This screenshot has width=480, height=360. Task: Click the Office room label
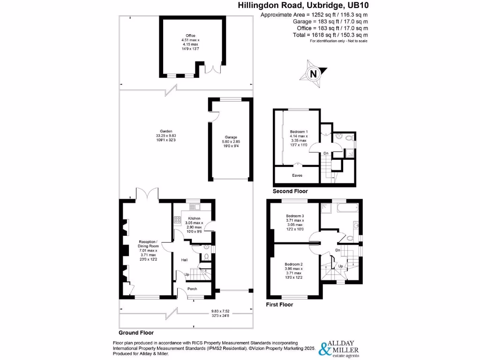(x=190, y=36)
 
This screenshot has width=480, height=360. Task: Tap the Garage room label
(x=230, y=137)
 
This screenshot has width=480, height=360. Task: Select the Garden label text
(x=165, y=131)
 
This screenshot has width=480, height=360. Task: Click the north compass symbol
(x=313, y=73)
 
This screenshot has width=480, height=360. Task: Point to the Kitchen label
(x=194, y=219)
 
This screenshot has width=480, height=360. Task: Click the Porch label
(x=192, y=289)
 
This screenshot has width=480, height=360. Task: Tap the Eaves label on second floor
(x=298, y=175)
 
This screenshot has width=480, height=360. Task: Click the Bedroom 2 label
(x=294, y=264)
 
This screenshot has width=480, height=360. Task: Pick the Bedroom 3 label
(x=295, y=216)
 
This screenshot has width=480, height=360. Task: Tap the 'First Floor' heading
(x=279, y=304)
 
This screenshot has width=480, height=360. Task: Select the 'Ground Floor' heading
(x=136, y=332)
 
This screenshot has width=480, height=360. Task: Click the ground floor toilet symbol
(x=206, y=255)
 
